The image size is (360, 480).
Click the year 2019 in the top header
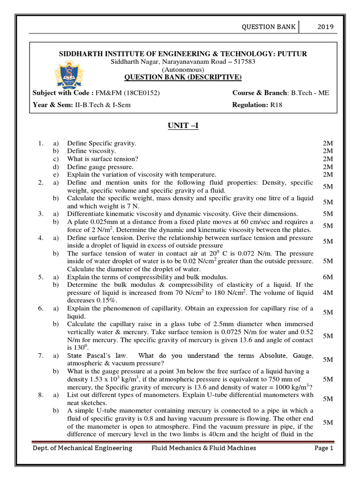326,27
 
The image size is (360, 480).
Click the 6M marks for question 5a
328,277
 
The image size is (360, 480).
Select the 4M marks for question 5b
328,292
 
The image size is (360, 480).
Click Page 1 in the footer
323,448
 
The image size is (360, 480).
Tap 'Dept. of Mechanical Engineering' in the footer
82,448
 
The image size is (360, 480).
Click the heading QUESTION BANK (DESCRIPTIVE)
183,77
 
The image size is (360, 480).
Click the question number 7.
41,356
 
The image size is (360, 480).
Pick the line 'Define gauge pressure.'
100,166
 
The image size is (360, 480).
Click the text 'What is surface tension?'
103,159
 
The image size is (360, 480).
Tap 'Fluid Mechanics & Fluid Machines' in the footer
203,448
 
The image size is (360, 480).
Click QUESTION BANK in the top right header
268,27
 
